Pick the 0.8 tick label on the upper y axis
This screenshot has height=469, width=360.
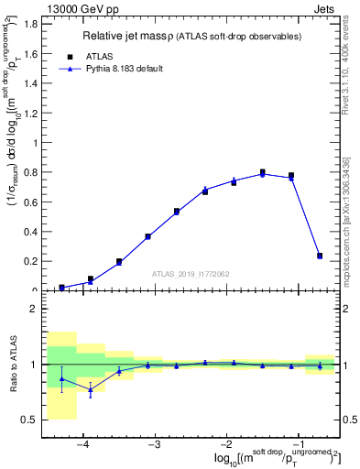coord(28,173)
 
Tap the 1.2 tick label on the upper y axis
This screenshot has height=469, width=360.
coord(28,114)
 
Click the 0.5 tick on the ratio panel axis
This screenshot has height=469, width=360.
coord(28,420)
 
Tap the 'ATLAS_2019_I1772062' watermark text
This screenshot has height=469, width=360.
coord(190,273)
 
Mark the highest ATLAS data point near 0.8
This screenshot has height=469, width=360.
coord(262,171)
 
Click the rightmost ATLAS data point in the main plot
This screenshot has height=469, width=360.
coord(319,256)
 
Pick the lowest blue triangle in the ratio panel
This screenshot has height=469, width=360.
coord(91,390)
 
